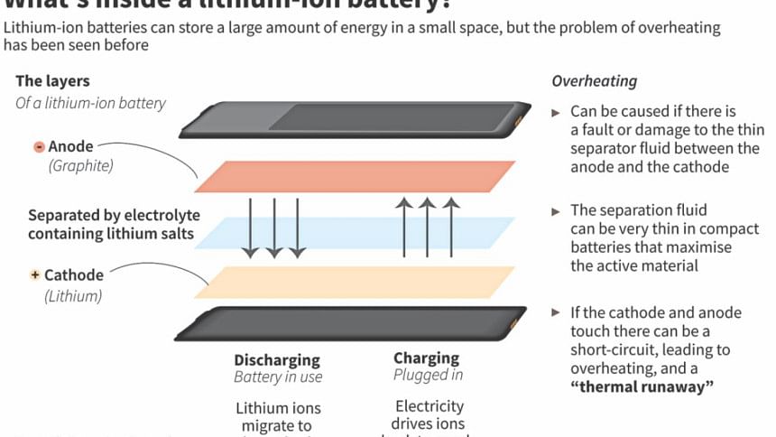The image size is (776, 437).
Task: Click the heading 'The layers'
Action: click(52, 80)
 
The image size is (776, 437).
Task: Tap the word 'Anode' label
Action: click(70, 146)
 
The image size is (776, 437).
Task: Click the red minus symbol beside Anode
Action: click(39, 146)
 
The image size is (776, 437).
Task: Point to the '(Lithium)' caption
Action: click(73, 295)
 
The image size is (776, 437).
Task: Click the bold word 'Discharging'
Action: click(277, 359)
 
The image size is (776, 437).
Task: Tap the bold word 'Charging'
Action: click(426, 358)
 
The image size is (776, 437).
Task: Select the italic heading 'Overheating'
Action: click(594, 81)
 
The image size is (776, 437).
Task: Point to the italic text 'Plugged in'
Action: click(428, 375)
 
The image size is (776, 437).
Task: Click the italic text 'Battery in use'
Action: click(278, 377)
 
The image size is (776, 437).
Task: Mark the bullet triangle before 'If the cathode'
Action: click(556, 312)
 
